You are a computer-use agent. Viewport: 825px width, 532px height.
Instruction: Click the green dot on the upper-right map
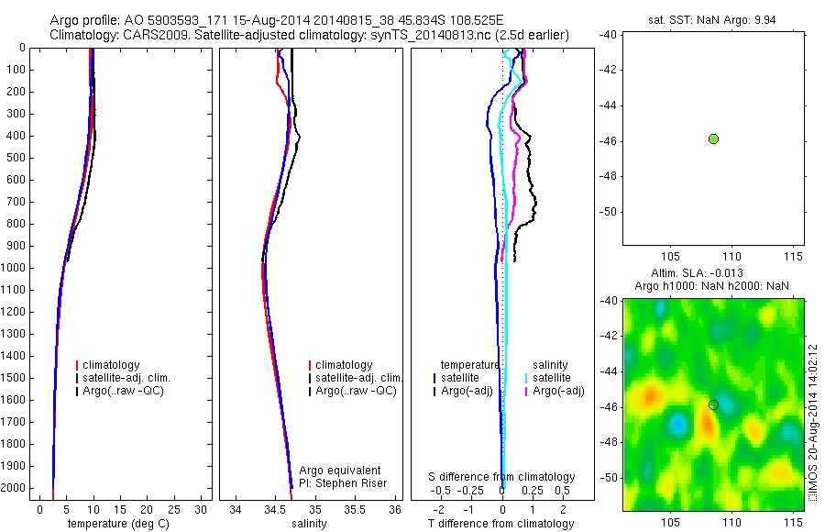713,139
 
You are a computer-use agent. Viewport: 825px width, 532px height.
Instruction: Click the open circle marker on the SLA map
713,405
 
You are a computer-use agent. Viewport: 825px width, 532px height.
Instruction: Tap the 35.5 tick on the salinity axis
355,509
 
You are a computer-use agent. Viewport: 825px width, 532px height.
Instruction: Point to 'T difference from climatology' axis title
500,524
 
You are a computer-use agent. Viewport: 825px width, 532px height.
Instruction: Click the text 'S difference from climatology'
501,477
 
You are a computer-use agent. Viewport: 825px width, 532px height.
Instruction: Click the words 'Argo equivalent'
339,471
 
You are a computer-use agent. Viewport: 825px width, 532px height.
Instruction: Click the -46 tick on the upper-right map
606,140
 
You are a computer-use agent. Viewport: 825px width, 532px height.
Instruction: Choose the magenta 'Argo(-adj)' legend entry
558,391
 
